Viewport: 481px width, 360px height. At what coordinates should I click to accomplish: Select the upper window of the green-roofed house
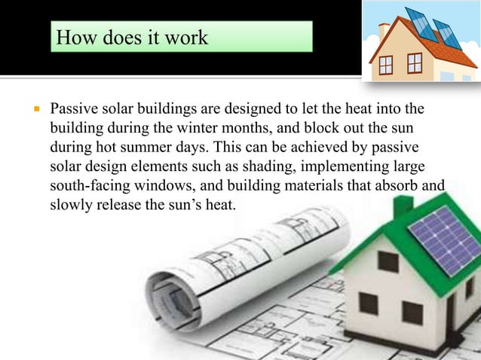pyautogui.click(x=388, y=261)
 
